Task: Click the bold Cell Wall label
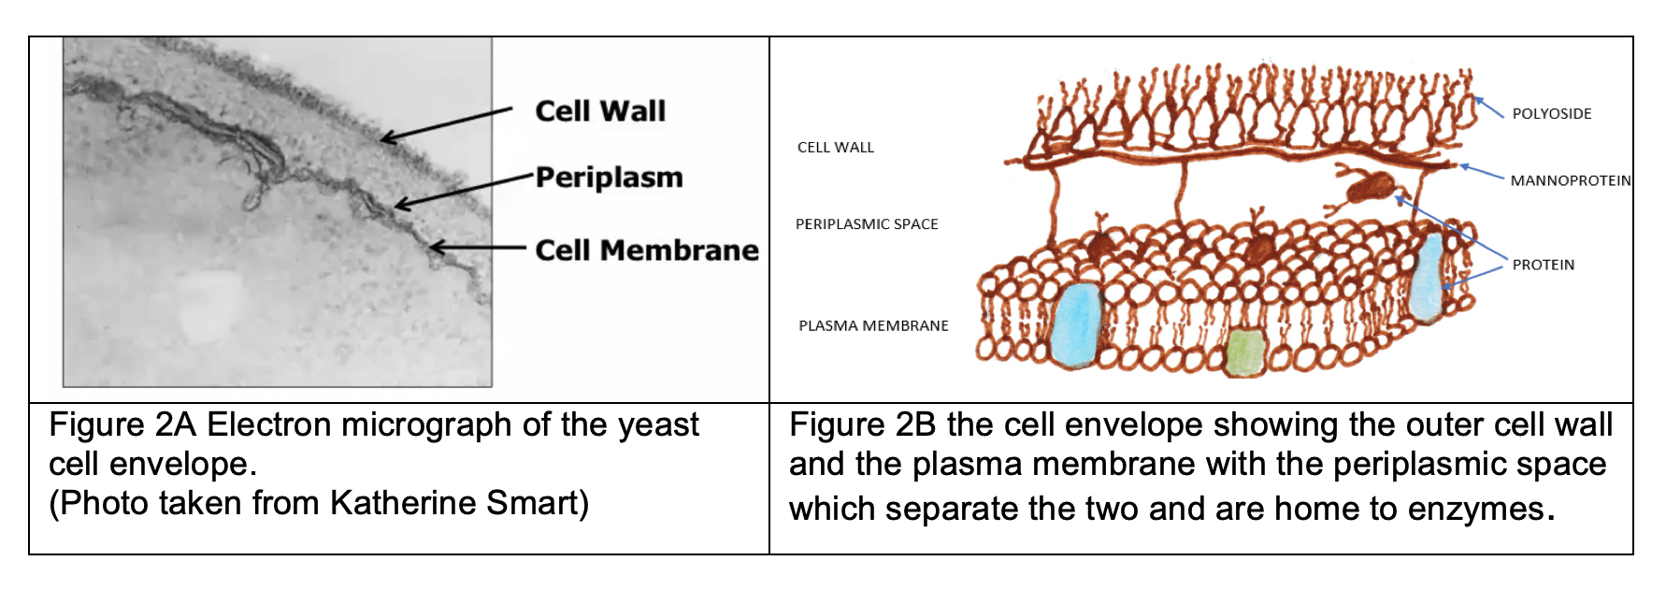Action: [600, 111]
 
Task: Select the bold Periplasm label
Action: [609, 178]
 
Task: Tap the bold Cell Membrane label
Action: [647, 251]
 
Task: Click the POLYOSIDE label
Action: [1551, 114]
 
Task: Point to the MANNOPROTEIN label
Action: [1570, 180]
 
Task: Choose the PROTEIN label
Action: [1543, 266]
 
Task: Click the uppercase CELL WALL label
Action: [835, 148]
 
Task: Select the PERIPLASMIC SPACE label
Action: [866, 224]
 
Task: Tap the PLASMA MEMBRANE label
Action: [873, 326]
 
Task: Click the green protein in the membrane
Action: [1245, 352]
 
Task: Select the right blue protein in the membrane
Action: [1427, 278]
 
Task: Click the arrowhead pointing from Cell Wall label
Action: [385, 140]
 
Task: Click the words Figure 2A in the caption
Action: [122, 425]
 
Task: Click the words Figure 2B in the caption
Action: [862, 425]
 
